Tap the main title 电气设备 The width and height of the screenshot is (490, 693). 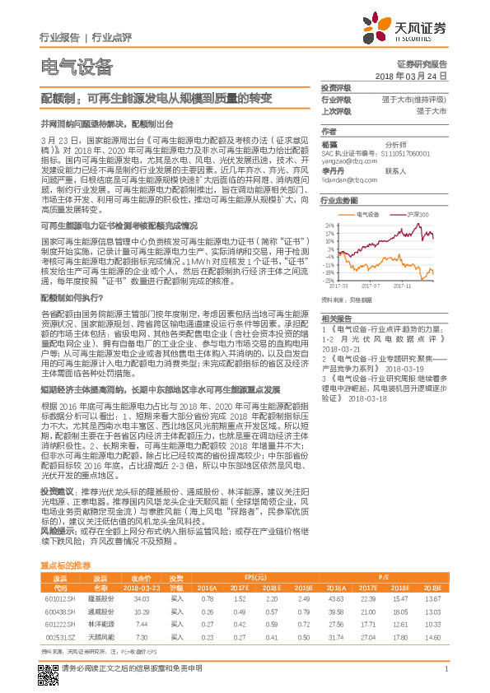[76, 66]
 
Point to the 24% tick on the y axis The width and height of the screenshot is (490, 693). [329, 224]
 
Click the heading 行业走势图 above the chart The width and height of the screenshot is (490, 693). [339, 201]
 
